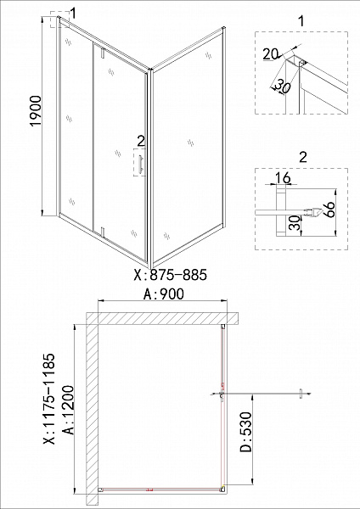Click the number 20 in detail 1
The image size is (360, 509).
[x=271, y=53]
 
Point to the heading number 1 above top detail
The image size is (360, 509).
[x=301, y=19]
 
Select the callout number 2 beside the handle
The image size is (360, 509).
[x=141, y=139]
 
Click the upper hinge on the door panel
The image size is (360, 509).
[x=101, y=53]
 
